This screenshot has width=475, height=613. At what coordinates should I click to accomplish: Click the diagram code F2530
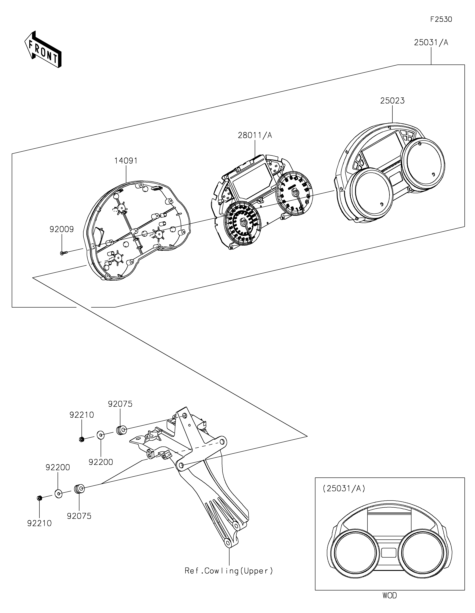tap(441, 19)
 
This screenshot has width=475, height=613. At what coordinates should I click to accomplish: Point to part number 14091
tap(126, 161)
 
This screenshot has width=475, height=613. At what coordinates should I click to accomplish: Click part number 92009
tap(61, 229)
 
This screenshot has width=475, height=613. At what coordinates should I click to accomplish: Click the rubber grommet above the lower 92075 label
tap(79, 489)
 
